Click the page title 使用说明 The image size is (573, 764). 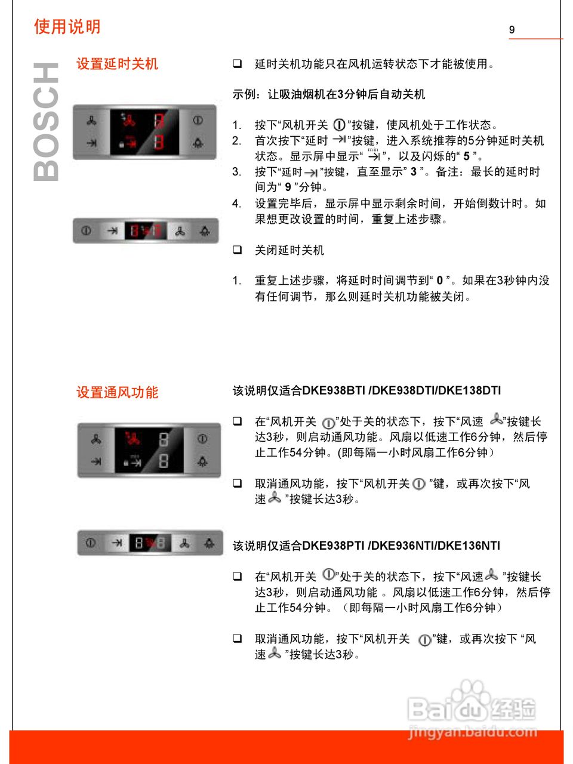pyautogui.click(x=67, y=27)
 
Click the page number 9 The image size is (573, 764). pyautogui.click(x=512, y=30)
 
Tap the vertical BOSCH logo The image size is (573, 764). pyautogui.click(x=47, y=122)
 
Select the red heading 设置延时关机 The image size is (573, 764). pyautogui.click(x=117, y=64)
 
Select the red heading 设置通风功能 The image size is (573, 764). pyautogui.click(x=117, y=392)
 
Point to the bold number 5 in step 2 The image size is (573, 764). pyautogui.click(x=466, y=156)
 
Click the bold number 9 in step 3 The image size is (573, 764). pyautogui.click(x=288, y=187)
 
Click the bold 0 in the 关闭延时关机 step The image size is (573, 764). pyautogui.click(x=440, y=281)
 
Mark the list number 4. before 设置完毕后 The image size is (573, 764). pyautogui.click(x=237, y=204)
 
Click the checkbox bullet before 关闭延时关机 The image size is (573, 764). pyautogui.click(x=238, y=249)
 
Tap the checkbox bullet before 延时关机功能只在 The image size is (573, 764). pyautogui.click(x=238, y=64)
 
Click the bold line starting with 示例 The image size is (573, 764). pyautogui.click(x=328, y=94)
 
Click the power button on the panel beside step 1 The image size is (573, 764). pyautogui.click(x=198, y=121)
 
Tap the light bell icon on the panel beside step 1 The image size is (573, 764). pyautogui.click(x=198, y=143)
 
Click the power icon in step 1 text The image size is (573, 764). pyautogui.click(x=339, y=125)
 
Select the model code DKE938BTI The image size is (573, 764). pyautogui.click(x=333, y=390)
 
